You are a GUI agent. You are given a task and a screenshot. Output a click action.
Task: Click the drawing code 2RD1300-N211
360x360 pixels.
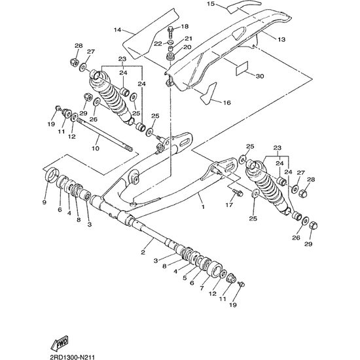click(x=72, y=357)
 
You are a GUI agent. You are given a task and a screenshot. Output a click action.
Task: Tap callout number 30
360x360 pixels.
click(x=260, y=76)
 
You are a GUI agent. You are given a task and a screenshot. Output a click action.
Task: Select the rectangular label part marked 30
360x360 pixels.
click(x=242, y=68)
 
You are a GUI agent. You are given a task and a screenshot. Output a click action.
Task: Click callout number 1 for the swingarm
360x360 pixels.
click(x=203, y=207)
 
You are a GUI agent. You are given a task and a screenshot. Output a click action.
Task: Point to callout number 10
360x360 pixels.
click(x=96, y=149)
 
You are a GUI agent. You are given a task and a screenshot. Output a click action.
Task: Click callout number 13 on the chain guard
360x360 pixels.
click(x=281, y=39)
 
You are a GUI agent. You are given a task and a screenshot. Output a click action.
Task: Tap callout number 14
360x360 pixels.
click(x=117, y=30)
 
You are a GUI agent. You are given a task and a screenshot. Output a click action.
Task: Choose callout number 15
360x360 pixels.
click(x=210, y=4)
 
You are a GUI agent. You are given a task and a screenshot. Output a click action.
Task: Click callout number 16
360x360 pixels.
click(x=227, y=103)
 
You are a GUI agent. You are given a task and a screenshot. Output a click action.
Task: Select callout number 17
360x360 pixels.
click(x=229, y=205)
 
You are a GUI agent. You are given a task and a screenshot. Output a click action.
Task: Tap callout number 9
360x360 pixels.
click(x=45, y=202)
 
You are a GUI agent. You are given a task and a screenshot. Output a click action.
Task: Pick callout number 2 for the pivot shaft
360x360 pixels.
click(x=143, y=252)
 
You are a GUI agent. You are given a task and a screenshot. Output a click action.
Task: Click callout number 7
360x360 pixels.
click(x=202, y=288)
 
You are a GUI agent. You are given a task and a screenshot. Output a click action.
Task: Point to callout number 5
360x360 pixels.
click(x=185, y=278)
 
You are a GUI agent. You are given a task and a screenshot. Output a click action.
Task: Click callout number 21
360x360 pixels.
click(x=189, y=39)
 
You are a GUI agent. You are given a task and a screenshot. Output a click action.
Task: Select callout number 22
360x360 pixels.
click(x=158, y=44)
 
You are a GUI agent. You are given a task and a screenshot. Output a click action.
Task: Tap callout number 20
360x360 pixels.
click(x=187, y=47)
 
